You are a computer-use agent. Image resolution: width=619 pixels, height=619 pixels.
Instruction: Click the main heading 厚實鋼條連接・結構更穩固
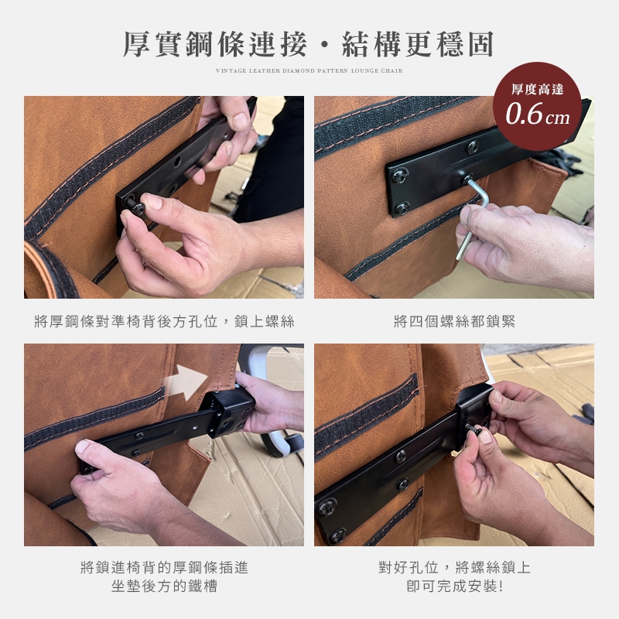click(x=309, y=44)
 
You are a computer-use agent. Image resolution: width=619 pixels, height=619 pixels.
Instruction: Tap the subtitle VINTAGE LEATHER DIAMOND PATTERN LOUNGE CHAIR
click(x=309, y=70)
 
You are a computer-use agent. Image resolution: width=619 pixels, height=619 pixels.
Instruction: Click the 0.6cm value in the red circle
click(x=537, y=115)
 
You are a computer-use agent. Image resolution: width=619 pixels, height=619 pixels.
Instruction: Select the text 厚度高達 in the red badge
click(x=537, y=89)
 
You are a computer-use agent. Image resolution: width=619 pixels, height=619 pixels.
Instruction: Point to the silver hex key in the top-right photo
click(x=474, y=215)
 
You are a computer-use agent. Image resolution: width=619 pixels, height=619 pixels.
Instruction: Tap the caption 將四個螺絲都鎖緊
click(x=454, y=321)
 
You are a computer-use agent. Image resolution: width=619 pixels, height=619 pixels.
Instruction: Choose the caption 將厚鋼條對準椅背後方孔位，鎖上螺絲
click(x=164, y=321)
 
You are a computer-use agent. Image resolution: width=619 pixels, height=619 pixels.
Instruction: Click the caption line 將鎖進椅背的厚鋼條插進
click(x=164, y=567)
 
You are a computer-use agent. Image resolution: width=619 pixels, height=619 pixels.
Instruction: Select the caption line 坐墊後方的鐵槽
click(x=164, y=586)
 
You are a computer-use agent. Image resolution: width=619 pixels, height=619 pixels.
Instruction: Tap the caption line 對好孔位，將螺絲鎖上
click(x=454, y=567)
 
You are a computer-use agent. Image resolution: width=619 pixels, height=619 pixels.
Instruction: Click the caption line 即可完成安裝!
click(x=454, y=586)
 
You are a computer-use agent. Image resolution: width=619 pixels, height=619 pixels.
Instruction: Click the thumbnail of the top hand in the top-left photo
click(x=240, y=121)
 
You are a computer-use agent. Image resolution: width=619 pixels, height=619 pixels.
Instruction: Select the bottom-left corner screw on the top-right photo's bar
click(x=402, y=208)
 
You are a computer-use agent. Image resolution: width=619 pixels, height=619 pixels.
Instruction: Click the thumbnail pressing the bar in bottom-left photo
click(x=82, y=446)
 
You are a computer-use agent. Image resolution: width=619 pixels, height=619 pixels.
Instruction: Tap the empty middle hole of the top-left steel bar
click(x=177, y=161)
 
